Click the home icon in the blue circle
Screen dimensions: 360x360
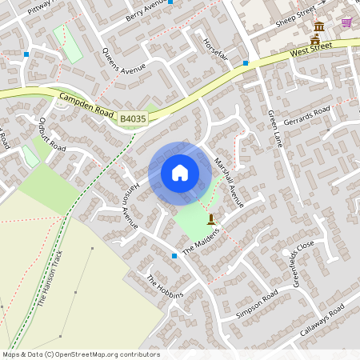tap(180, 173)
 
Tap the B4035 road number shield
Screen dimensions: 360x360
tap(134, 119)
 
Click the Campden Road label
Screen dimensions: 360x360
tap(86, 104)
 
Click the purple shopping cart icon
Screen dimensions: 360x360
tap(346, 22)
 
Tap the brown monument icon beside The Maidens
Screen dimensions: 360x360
tap(211, 218)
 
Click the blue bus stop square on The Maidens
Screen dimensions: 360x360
tap(174, 256)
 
